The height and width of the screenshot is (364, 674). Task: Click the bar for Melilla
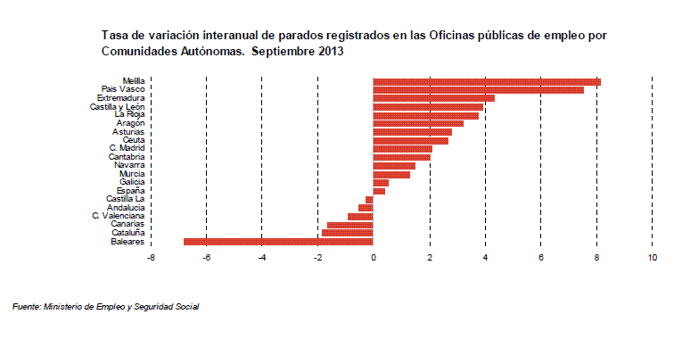pos(487,82)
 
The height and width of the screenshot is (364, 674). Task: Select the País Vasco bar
pos(478,90)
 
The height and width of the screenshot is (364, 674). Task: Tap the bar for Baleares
pos(278,241)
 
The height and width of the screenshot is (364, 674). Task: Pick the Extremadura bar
pos(433,98)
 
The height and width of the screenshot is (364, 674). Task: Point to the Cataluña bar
pos(347,233)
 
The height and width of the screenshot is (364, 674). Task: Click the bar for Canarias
pos(349,224)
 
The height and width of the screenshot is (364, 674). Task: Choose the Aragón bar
pos(417,123)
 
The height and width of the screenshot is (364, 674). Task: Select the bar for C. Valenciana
pos(360,216)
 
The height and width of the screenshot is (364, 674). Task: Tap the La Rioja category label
pos(130,115)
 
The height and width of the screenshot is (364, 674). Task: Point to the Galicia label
pos(132,182)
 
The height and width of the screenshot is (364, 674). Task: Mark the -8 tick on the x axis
pos(151,259)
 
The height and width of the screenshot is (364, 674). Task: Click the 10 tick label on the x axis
pos(653,259)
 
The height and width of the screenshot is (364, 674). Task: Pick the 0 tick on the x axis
pos(374,259)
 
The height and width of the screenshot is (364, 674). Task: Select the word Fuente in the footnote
pos(25,307)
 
